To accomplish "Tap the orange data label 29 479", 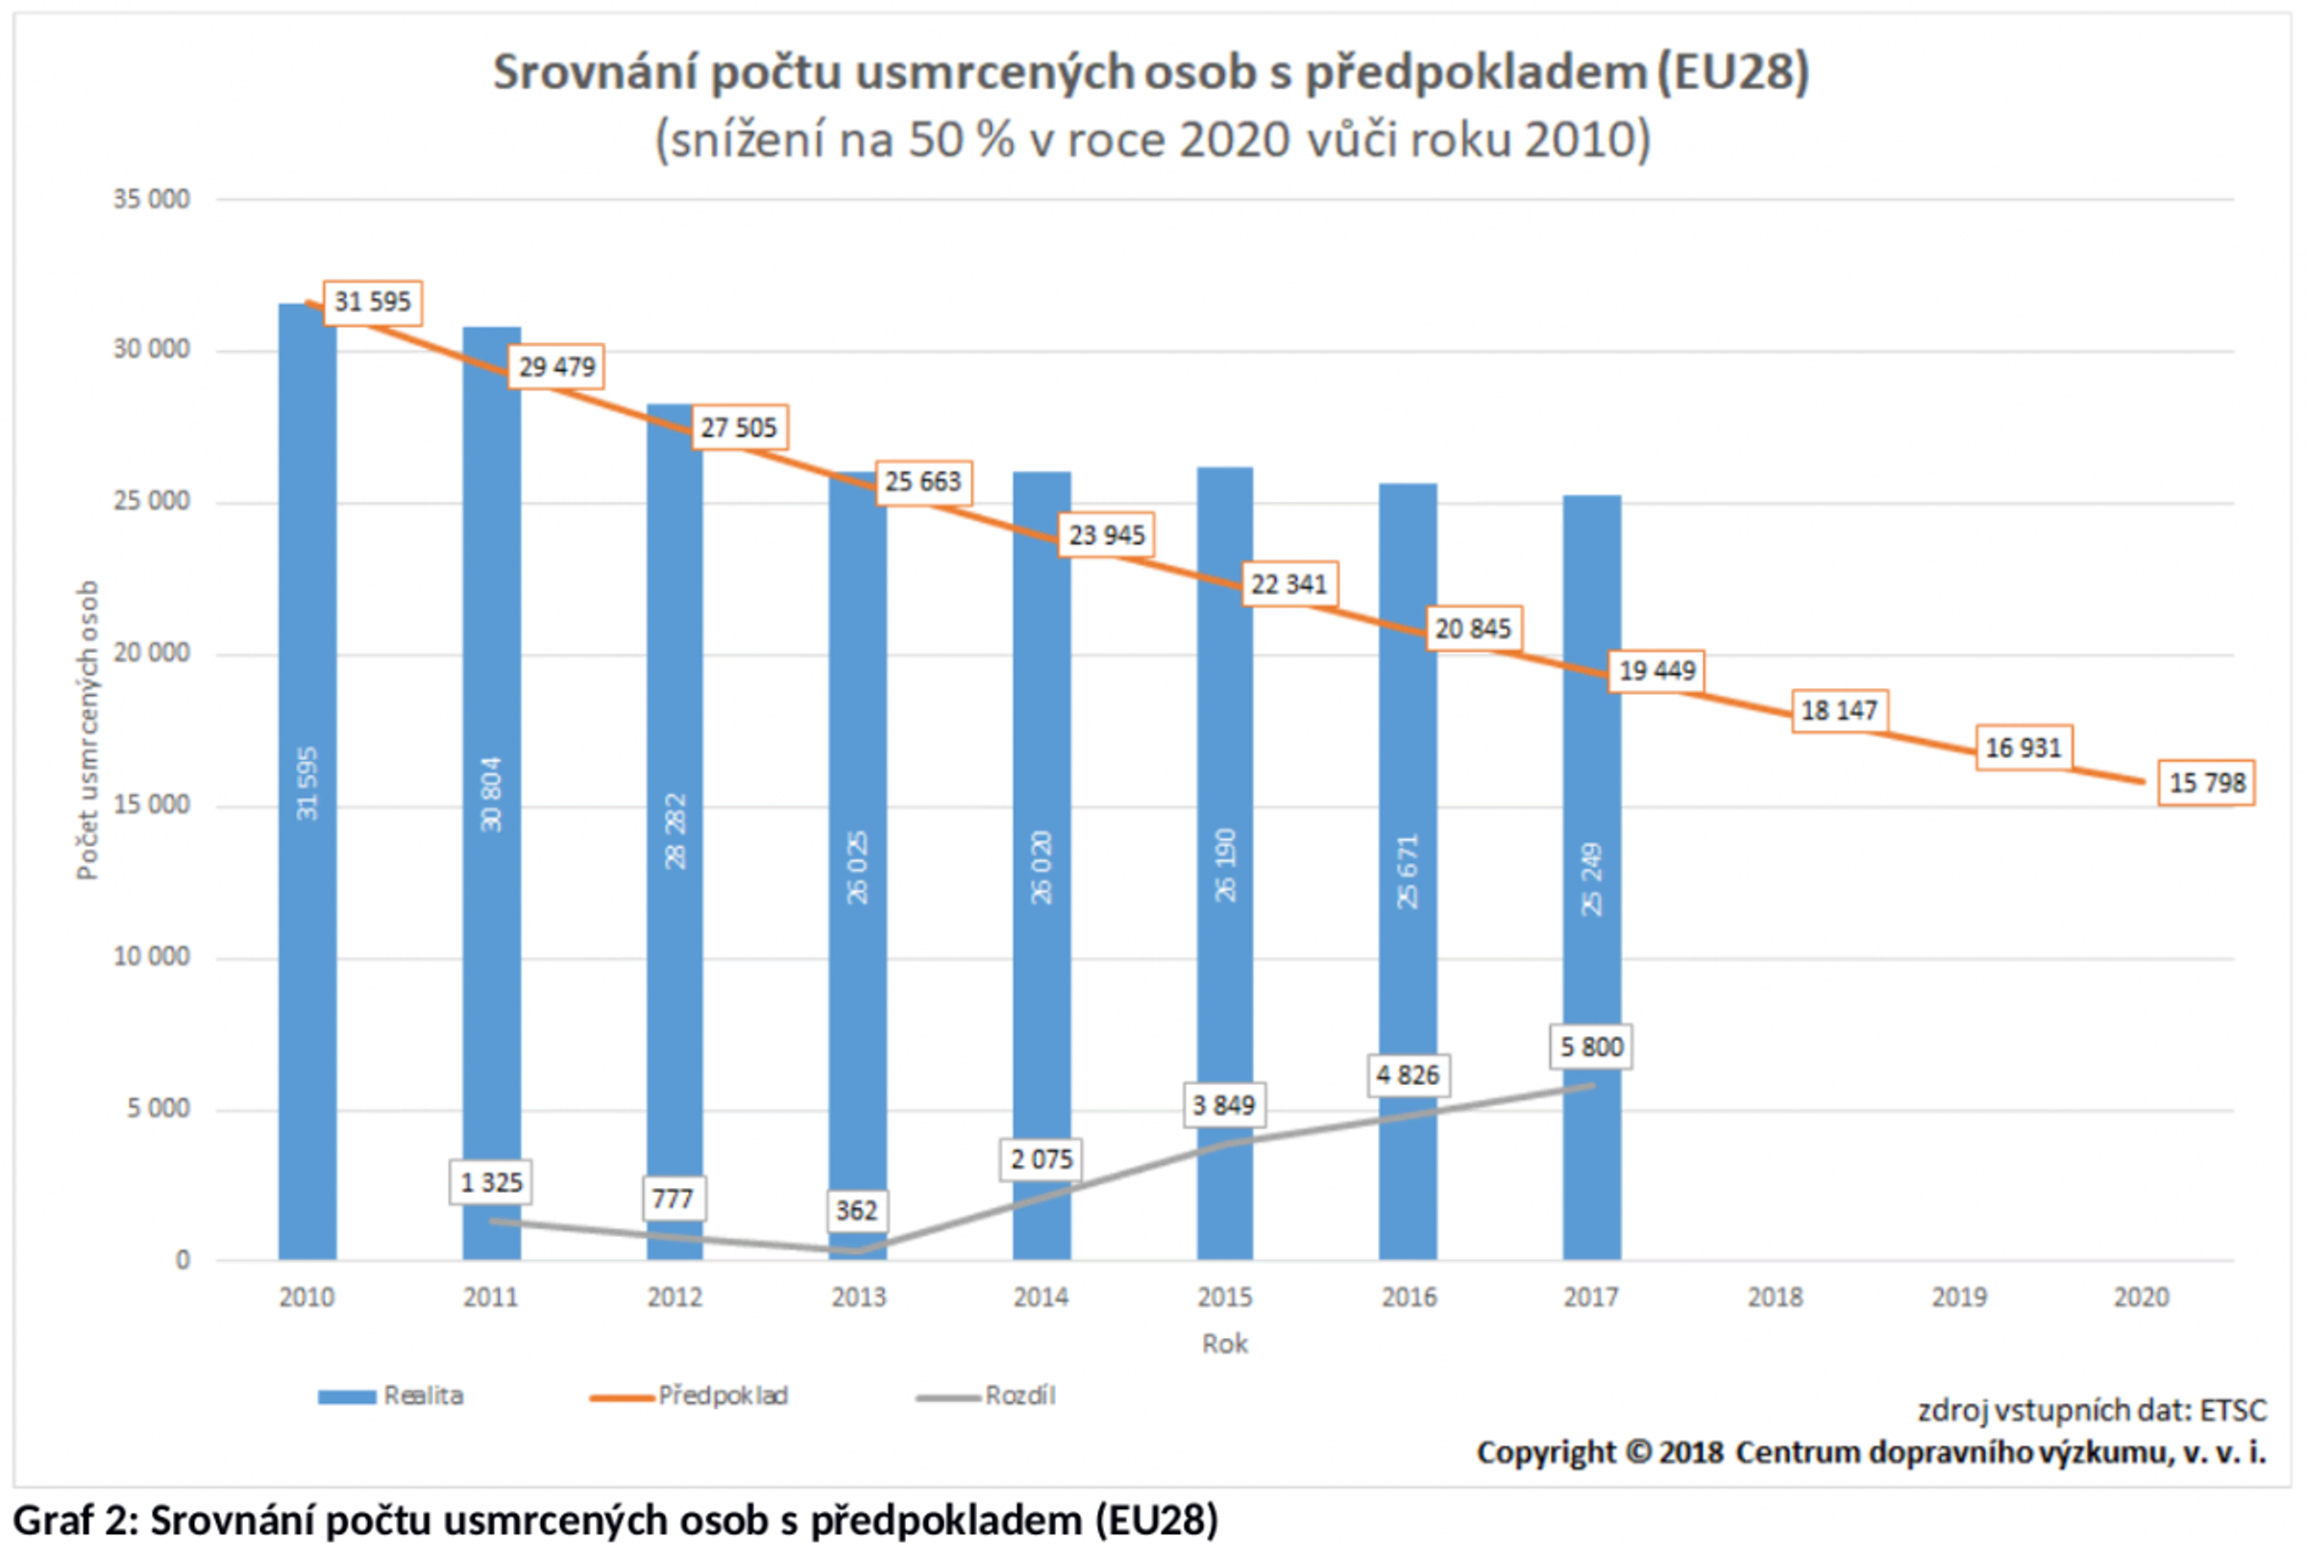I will click(556, 367).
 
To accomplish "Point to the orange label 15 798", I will click(2206, 783).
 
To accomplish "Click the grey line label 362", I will click(855, 1211).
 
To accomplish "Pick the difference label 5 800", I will click(1590, 1047).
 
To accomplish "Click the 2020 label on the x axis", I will click(2142, 1297).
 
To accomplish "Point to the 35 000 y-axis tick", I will click(151, 200).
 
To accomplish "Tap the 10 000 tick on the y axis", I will click(151, 956).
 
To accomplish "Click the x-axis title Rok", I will click(1224, 1344).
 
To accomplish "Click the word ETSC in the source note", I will click(2233, 1410).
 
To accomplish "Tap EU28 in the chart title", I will click(1731, 72).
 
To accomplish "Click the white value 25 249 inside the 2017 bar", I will click(1591, 879).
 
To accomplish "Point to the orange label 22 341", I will click(1288, 583).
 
